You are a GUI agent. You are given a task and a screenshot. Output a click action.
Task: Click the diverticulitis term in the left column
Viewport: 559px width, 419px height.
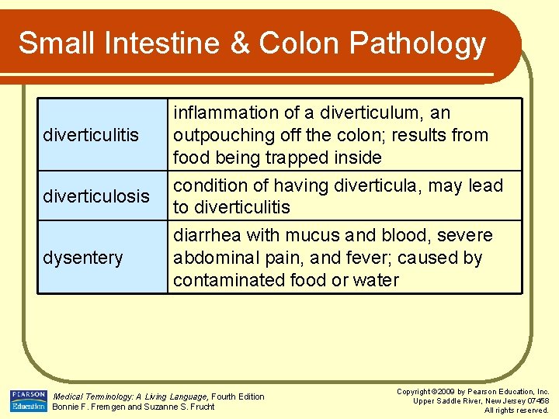coord(91,135)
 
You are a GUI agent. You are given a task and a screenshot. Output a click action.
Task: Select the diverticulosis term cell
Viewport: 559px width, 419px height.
coord(96,196)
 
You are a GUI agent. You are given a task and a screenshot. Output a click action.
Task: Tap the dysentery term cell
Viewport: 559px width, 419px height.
coord(83,258)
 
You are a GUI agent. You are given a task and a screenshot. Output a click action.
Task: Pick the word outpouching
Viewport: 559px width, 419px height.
coord(219,135)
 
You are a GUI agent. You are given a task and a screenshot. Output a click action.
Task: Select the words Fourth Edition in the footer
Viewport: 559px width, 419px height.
coord(238,396)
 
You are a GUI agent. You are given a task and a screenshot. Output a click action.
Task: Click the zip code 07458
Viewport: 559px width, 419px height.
coord(536,401)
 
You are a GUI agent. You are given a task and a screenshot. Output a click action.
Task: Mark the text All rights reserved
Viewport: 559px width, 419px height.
coord(516,410)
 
